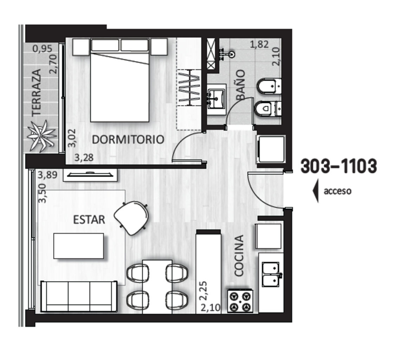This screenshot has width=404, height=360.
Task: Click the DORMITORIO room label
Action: pyautogui.click(x=128, y=140)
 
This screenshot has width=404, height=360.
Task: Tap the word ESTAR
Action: pyautogui.click(x=89, y=220)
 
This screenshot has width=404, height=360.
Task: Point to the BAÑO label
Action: pyautogui.click(x=241, y=85)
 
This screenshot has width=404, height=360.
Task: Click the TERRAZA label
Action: pyautogui.click(x=36, y=92)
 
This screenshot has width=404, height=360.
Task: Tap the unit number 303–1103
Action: pyautogui.click(x=339, y=166)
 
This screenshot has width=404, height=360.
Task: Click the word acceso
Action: pyautogui.click(x=338, y=191)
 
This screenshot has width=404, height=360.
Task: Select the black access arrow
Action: pyautogui.click(x=316, y=191)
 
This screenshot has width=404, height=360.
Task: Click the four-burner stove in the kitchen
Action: pyautogui.click(x=240, y=301)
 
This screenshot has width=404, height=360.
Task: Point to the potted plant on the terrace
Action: pyautogui.click(x=41, y=135)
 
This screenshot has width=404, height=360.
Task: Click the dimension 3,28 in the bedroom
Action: pyautogui.click(x=84, y=157)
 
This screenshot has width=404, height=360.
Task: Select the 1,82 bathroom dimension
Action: pyautogui.click(x=259, y=44)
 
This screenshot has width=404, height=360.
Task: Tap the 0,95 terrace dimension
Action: pyautogui.click(x=43, y=49)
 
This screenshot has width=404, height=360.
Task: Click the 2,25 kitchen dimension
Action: pyautogui.click(x=203, y=291)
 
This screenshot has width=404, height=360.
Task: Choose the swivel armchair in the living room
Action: pyautogui.click(x=132, y=218)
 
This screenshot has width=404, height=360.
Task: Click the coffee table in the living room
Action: pyautogui.click(x=78, y=246)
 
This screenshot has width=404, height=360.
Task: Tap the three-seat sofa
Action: pyautogui.click(x=79, y=296)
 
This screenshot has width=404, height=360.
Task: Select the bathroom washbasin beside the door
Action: pyautogui.click(x=216, y=99)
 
